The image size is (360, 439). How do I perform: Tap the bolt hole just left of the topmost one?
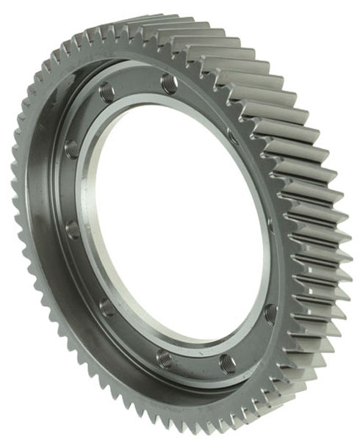(107, 92)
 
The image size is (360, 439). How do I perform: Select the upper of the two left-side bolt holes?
(73, 149)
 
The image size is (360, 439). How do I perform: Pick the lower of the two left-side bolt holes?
(73, 231)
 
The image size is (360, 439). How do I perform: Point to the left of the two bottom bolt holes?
(165, 358)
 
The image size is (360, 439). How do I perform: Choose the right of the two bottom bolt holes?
(228, 363)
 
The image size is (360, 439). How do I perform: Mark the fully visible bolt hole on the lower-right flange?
(270, 313)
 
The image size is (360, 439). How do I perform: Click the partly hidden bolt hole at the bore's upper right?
(232, 137)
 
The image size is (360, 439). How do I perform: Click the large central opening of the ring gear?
(176, 220)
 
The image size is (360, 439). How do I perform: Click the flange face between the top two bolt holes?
(138, 82)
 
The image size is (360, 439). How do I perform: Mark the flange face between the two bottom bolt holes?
(196, 364)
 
